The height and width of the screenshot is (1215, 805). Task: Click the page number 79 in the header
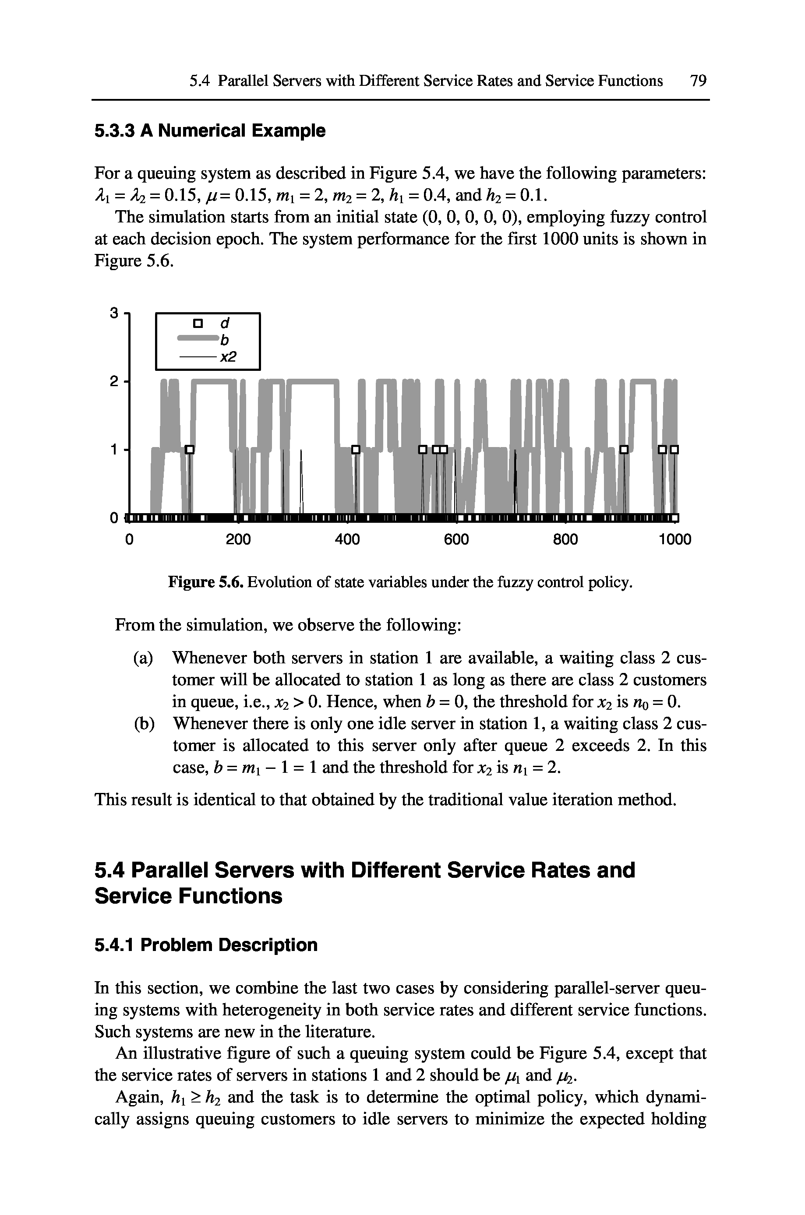(x=698, y=81)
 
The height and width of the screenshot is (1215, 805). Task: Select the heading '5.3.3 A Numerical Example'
(x=210, y=131)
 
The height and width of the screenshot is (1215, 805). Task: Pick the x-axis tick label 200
(x=238, y=540)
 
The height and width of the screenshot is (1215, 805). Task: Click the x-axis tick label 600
(x=456, y=540)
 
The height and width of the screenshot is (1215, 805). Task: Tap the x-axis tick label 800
(x=565, y=540)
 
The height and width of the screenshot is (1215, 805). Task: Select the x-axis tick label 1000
(x=674, y=540)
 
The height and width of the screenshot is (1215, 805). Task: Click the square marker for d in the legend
(x=197, y=324)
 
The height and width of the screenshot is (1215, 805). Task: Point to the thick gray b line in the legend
(x=198, y=338)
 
